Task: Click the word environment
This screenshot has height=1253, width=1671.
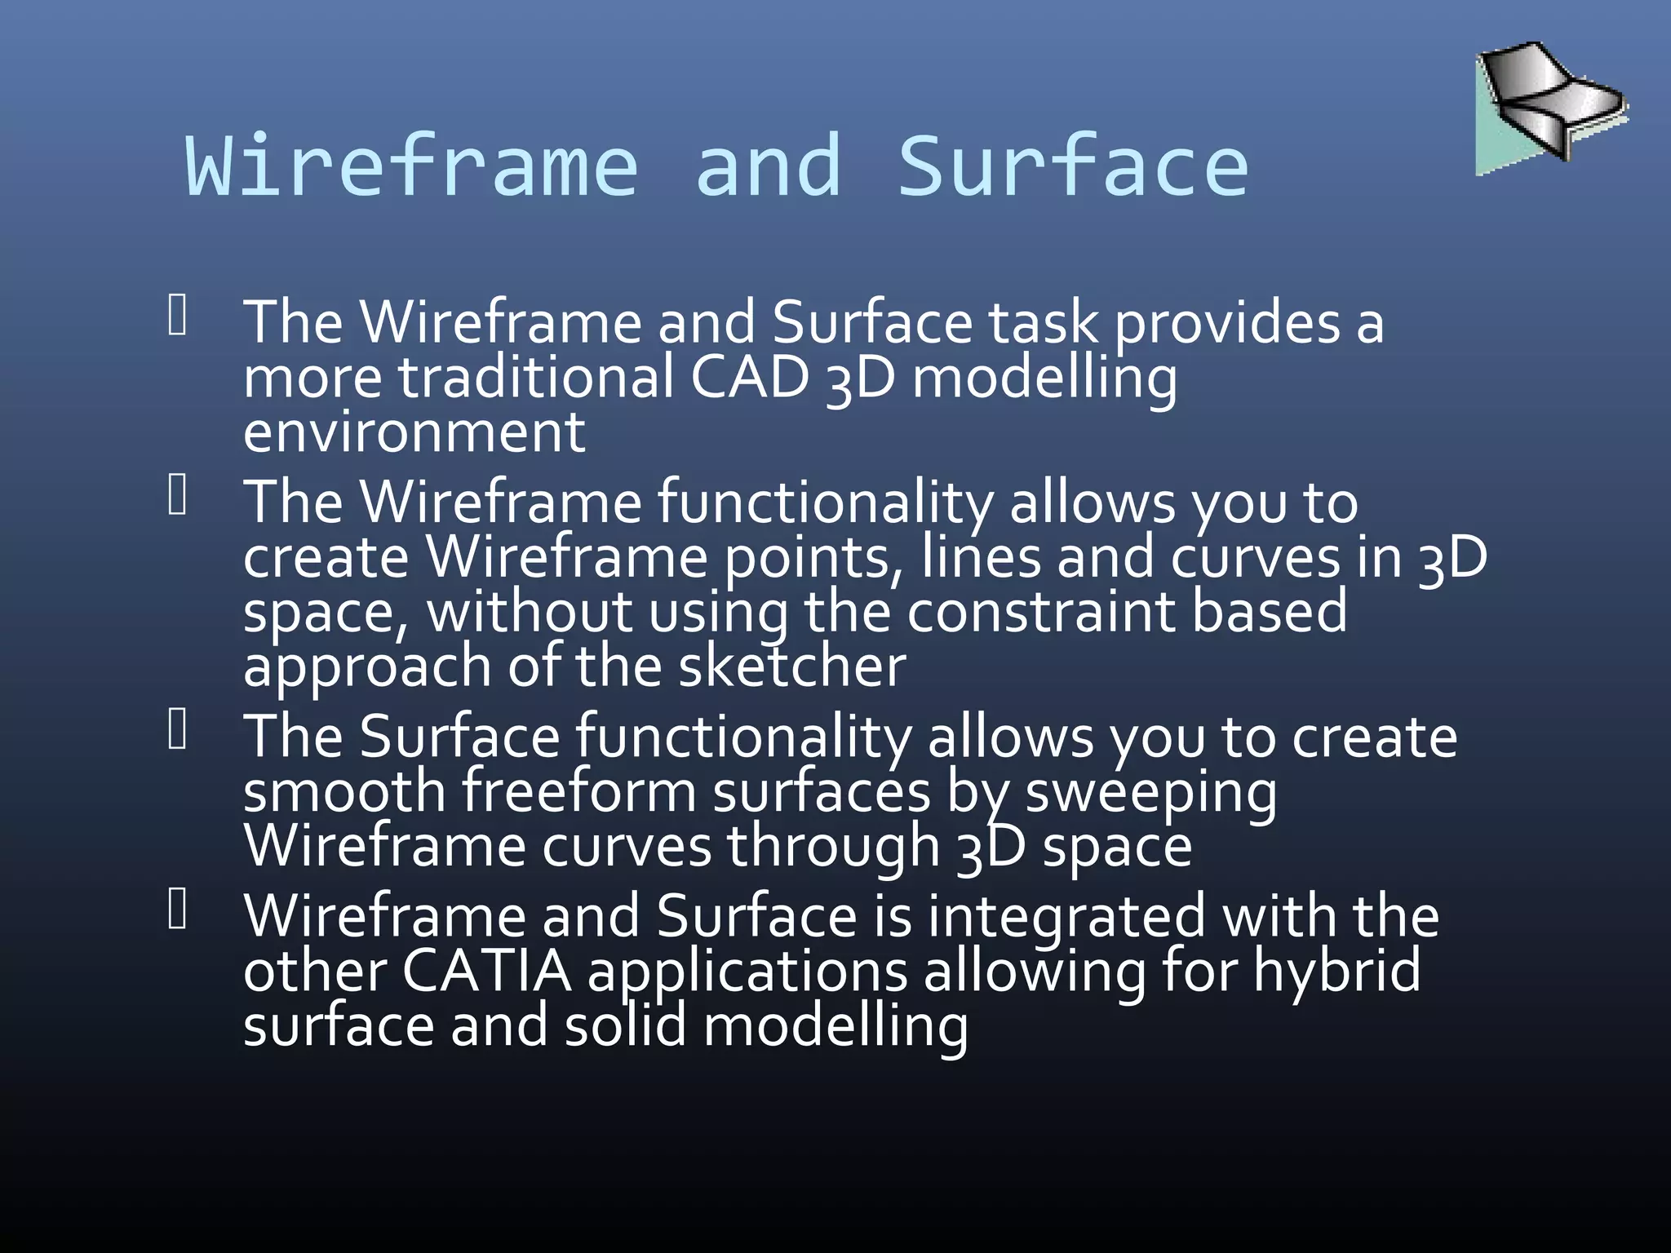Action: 414,432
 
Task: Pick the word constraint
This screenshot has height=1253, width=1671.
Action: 1040,612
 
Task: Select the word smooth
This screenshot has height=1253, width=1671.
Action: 344,791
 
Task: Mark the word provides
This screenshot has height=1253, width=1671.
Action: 1227,323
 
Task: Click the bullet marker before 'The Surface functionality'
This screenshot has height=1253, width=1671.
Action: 178,729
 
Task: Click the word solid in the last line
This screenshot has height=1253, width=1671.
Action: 626,1025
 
